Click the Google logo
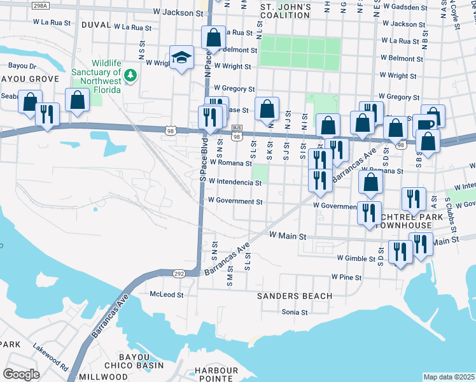coord(21,374)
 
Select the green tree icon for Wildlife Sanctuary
coord(131,76)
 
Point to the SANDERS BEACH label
coord(294,296)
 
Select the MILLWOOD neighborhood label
coord(104,377)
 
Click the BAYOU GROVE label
coord(29,79)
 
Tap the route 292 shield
coord(179,272)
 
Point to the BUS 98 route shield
coord(237,132)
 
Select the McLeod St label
coord(166,295)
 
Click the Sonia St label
coord(295,313)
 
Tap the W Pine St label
coord(346,278)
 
